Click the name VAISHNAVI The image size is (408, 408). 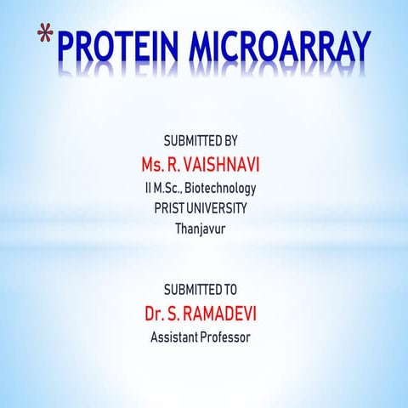(225, 162)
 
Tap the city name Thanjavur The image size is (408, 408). (203, 229)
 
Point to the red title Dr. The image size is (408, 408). (156, 314)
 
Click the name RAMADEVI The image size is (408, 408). (224, 314)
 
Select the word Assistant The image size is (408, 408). (175, 337)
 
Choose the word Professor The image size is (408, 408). (229, 337)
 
